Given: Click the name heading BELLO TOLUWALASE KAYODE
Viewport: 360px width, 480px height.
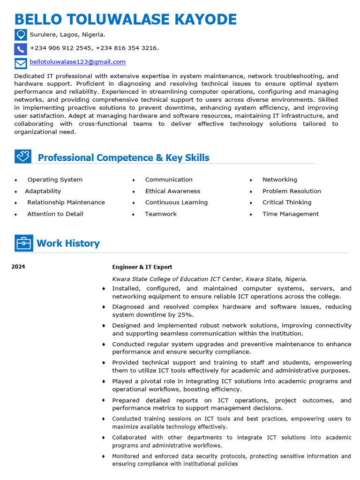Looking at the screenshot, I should click(x=126, y=20).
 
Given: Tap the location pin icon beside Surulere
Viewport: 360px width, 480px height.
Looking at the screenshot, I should click(x=21, y=35).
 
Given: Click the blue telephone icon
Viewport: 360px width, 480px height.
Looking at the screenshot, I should click(x=21, y=49).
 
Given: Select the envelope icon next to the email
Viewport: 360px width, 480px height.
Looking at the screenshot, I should click(x=21, y=63).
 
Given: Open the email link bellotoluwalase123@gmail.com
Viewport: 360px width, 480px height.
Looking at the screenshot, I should click(x=77, y=62).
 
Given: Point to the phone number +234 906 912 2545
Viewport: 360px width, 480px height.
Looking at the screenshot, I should click(x=60, y=48).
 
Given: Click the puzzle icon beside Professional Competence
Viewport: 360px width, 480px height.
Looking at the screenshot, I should click(x=22, y=156).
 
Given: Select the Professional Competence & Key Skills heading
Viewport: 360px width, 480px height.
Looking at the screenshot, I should click(x=123, y=157).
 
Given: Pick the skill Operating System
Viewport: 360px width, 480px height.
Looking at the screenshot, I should click(x=55, y=180).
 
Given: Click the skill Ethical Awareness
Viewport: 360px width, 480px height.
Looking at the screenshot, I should click(x=172, y=191).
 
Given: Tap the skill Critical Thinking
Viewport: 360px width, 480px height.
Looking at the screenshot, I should click(x=287, y=202).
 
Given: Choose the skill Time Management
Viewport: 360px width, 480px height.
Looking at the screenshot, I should click(x=290, y=214).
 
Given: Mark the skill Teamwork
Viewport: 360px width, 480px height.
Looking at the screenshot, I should click(x=161, y=214).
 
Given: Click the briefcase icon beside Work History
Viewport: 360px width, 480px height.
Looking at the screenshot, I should click(x=23, y=243).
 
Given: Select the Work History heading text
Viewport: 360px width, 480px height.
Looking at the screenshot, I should click(x=68, y=243).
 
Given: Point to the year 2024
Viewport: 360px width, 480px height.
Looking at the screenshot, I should click(x=18, y=267).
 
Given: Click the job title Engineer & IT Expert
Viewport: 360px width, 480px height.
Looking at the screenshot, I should click(x=142, y=267).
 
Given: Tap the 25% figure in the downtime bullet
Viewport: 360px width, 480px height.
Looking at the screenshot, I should click(x=185, y=315).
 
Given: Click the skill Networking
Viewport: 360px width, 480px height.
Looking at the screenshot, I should click(x=279, y=180).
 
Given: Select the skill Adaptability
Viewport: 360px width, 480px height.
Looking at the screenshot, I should click(x=43, y=191).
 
